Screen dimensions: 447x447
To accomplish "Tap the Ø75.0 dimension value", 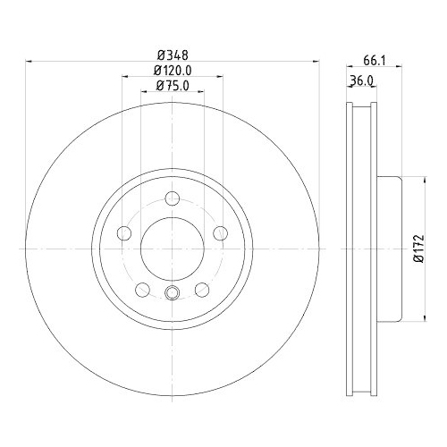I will click(x=171, y=86).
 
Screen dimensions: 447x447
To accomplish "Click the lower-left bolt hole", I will click(x=142, y=289).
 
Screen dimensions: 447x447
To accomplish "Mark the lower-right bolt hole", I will click(x=201, y=289).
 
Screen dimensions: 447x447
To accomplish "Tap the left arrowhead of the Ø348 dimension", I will click(x=28, y=61).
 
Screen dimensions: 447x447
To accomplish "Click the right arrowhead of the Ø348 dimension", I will click(x=316, y=61).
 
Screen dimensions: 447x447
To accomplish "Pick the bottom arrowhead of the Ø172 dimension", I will click(x=421, y=319).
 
